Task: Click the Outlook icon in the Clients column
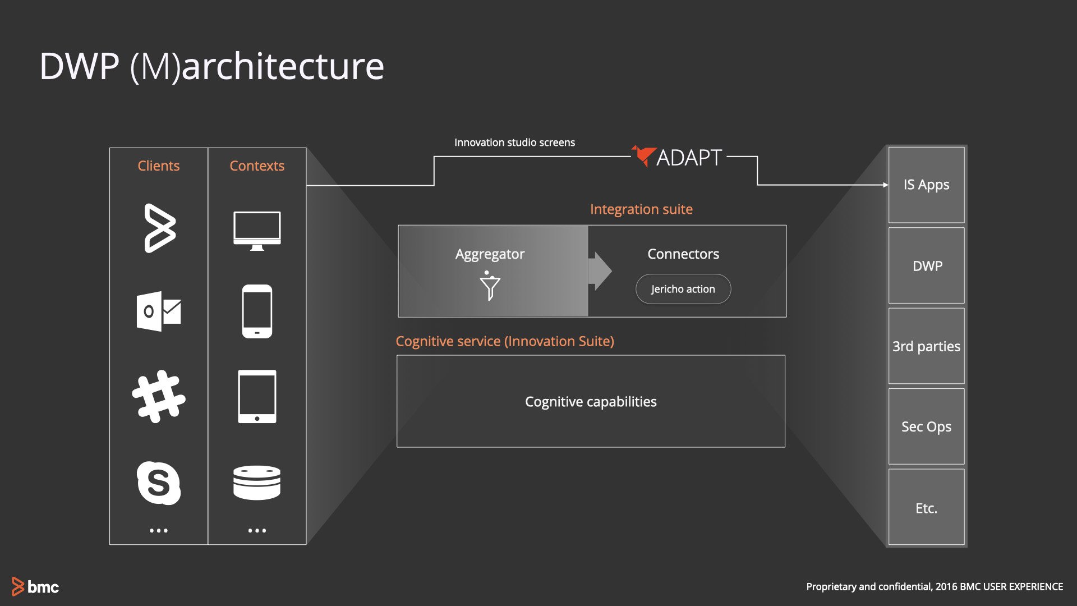[x=159, y=311]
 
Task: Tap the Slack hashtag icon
[x=159, y=396]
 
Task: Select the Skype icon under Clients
[x=159, y=483]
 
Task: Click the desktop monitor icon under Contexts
[x=257, y=230]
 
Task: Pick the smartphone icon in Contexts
[x=257, y=311]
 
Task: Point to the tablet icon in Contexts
[x=257, y=396]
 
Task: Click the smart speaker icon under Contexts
[x=257, y=482]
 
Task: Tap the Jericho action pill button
[x=683, y=289]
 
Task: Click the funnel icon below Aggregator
[x=490, y=286]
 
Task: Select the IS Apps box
[x=926, y=185]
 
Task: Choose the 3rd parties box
[x=926, y=346]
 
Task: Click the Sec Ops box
[x=926, y=426]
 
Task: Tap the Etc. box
[x=926, y=508]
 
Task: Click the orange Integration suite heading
[x=641, y=209]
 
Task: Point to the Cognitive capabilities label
[x=591, y=402]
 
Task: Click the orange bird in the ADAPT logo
[x=643, y=155]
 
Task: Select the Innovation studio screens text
[x=514, y=143]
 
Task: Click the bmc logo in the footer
[x=35, y=586]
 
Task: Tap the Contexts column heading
[x=257, y=166]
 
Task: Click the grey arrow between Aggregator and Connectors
[x=600, y=271]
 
